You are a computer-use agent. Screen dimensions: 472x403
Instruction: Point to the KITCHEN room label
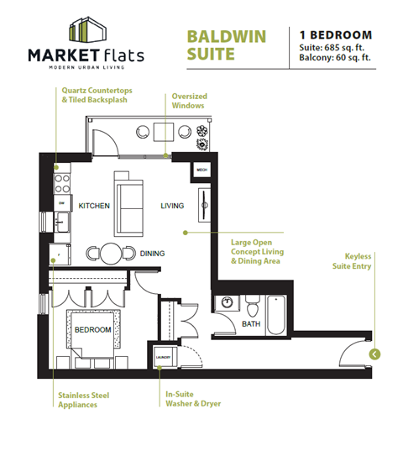(x=94, y=206)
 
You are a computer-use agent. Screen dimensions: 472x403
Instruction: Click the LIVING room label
(x=173, y=206)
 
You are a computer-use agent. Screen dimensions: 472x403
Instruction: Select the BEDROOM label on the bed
(x=92, y=330)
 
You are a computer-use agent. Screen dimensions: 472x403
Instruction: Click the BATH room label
(x=251, y=323)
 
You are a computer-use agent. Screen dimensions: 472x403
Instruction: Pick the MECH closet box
(x=202, y=170)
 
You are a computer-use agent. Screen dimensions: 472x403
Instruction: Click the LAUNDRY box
(x=163, y=358)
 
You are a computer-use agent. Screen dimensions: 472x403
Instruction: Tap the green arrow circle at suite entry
(x=374, y=354)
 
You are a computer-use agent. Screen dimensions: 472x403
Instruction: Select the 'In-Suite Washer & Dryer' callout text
(x=191, y=398)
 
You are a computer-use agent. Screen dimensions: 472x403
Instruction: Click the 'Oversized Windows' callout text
(x=189, y=102)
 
